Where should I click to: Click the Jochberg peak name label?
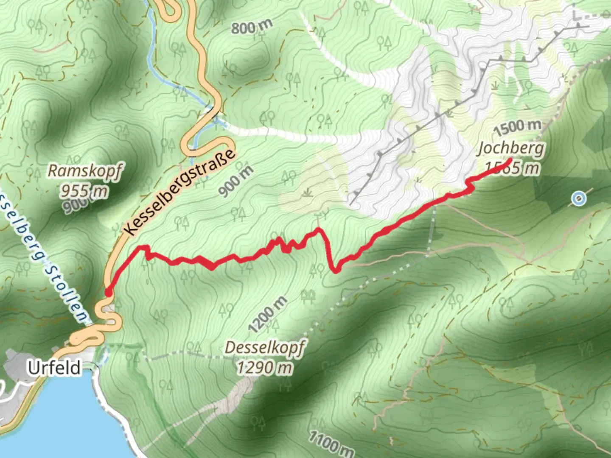[x=511, y=148]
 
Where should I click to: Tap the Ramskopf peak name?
[x=84, y=171]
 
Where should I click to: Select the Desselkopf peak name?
[x=264, y=348]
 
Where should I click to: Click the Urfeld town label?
[x=54, y=368]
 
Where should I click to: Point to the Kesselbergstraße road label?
[x=180, y=192]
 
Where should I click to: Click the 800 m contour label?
[x=252, y=27]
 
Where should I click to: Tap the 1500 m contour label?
[x=517, y=126]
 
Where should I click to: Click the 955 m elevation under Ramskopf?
[x=83, y=191]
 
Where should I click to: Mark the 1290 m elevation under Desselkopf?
[x=264, y=367]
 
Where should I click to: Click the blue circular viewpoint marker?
[x=578, y=198]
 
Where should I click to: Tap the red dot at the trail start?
[x=108, y=293]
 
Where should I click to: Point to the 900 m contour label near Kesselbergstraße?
[x=236, y=181]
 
